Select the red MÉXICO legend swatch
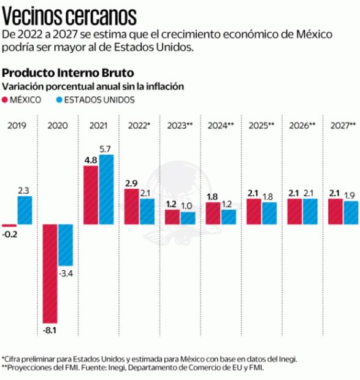coord(6,99)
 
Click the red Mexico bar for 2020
coord(50,273)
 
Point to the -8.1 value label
coord(50,330)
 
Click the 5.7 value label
coord(105,149)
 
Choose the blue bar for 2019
coord(25,210)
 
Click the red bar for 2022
coord(131,207)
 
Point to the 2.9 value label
coord(131,183)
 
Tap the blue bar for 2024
coord(228,217)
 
